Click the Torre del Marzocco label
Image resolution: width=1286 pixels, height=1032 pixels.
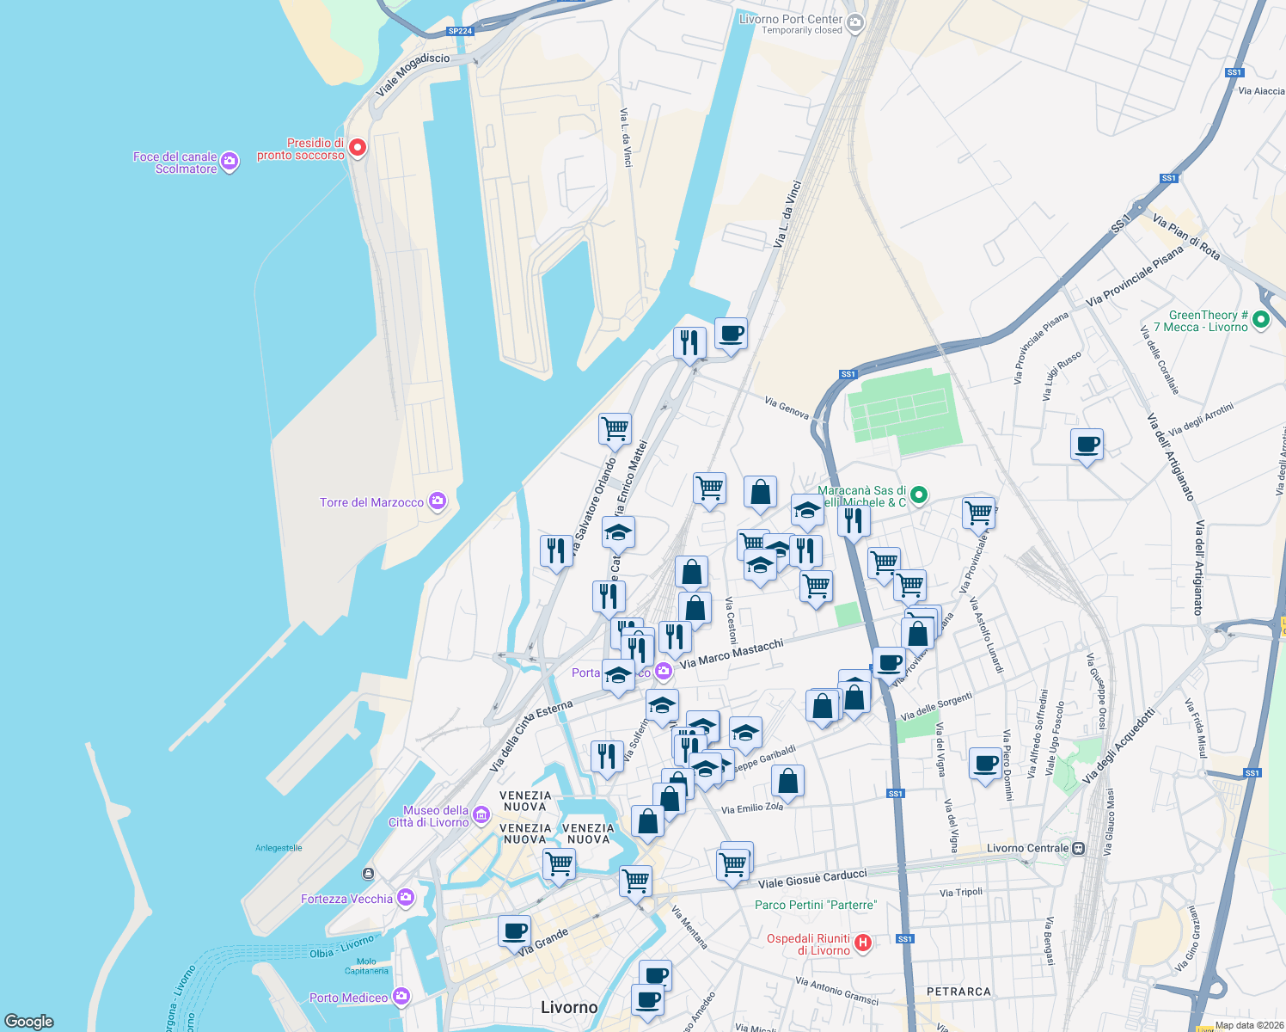[x=371, y=502]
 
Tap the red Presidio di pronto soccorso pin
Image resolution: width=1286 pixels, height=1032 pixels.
[x=357, y=148]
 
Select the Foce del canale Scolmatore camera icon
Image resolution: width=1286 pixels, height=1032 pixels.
[x=230, y=161]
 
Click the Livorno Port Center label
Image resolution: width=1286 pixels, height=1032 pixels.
[x=790, y=19]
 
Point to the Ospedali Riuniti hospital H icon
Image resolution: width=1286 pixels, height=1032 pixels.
[x=863, y=943]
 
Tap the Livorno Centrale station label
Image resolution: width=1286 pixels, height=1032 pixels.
[x=1027, y=848]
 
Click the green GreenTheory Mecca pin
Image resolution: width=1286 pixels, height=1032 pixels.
[x=1261, y=320]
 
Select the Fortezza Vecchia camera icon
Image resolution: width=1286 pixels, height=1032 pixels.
[x=406, y=898]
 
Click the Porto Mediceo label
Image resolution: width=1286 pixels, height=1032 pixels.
[x=348, y=998]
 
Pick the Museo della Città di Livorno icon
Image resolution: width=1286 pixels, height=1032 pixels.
[x=481, y=814]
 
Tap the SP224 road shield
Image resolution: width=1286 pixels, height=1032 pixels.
[x=460, y=31]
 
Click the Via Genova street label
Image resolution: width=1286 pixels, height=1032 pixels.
[x=787, y=408]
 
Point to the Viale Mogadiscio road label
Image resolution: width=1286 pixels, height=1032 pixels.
[x=413, y=76]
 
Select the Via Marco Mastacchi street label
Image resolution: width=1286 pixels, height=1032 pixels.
[x=732, y=654]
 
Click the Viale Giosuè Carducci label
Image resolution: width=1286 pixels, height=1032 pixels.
[x=812, y=878]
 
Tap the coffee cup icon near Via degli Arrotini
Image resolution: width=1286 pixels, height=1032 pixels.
[x=1087, y=445]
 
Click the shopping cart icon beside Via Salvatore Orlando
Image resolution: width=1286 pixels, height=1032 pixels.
[x=615, y=428]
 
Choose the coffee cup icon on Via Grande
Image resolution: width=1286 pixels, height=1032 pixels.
[x=514, y=931]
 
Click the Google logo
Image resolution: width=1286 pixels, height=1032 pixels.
[x=29, y=1021]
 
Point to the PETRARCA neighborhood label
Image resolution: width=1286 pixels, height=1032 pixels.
[x=958, y=992]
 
